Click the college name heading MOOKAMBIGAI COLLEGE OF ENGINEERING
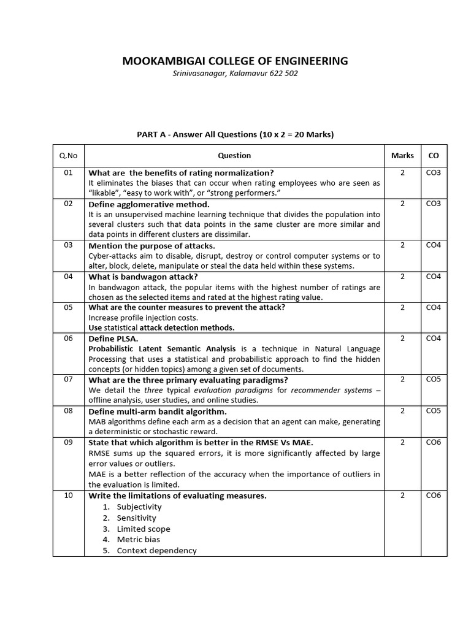235,61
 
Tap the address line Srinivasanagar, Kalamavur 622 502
235,74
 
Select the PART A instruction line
235,134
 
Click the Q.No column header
68,156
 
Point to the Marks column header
402,156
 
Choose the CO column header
434,156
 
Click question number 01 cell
68,173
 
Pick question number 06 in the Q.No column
68,339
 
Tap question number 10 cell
68,496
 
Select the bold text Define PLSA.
113,339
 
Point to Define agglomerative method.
149,204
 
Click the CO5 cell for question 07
434,380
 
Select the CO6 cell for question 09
434,442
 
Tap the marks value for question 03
402,245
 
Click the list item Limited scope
144,529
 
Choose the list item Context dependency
156,551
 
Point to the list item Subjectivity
139,507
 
